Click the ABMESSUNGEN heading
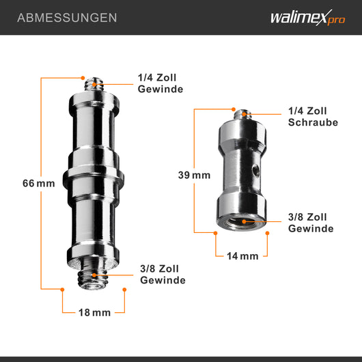(x=66, y=17)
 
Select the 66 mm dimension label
(x=38, y=183)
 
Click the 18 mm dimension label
(x=94, y=312)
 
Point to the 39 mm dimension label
(x=195, y=176)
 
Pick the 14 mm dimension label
(x=242, y=256)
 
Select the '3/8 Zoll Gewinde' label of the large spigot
(x=162, y=275)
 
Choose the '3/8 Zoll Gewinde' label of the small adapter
(x=310, y=223)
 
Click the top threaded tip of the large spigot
(x=93, y=83)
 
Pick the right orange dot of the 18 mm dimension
(x=124, y=290)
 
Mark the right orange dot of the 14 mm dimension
(x=267, y=233)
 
